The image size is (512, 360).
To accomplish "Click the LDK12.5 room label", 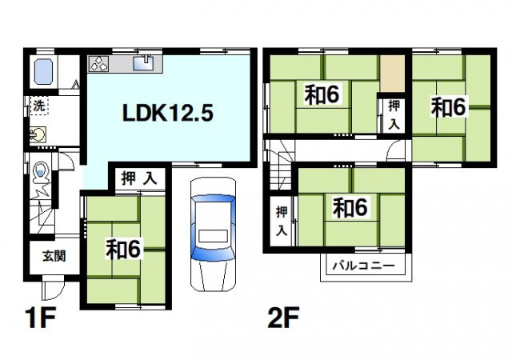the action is click(x=168, y=114).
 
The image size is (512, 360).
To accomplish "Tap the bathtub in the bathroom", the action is click(x=43, y=71).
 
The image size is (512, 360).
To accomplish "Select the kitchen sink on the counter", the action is click(x=143, y=63).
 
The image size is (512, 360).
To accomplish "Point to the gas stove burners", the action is click(x=99, y=63).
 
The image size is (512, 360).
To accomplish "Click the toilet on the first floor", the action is click(x=41, y=172).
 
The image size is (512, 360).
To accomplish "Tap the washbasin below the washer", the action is click(x=38, y=134).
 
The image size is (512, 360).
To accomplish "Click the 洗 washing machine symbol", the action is click(x=39, y=106).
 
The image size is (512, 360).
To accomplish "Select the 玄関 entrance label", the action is click(x=54, y=256).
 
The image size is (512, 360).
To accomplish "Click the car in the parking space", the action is click(x=213, y=234).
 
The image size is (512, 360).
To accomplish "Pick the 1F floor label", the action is click(x=41, y=318).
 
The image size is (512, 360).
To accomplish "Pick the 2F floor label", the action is click(x=283, y=318).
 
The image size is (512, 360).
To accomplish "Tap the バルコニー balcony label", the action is click(x=363, y=266).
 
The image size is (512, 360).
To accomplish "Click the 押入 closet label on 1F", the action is click(x=139, y=179).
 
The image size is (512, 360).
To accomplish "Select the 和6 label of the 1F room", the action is click(x=122, y=250).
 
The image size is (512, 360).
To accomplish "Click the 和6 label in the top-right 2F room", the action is click(x=448, y=107).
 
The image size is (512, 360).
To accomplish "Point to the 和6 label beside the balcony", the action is click(x=350, y=208).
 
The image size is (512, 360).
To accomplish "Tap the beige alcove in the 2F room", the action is click(x=392, y=74).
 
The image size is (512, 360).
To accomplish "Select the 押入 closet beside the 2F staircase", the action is click(x=282, y=221).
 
